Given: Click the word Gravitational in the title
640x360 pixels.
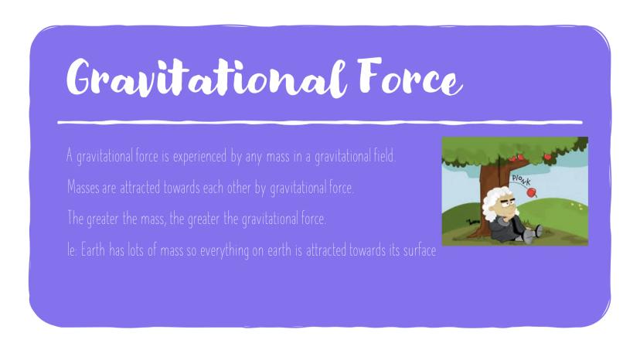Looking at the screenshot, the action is click(207, 77).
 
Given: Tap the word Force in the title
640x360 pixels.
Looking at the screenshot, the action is click(410, 76).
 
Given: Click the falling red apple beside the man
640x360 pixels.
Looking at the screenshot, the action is click(532, 192).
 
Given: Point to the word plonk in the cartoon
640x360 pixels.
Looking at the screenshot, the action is click(521, 179).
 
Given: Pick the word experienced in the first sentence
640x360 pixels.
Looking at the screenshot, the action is click(199, 156).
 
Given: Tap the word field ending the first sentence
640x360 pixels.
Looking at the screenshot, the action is click(384, 155).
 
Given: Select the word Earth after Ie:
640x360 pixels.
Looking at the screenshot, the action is click(93, 250).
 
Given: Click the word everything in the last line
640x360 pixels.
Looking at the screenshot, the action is click(224, 250).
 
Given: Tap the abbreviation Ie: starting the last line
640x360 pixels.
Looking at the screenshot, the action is click(72, 250).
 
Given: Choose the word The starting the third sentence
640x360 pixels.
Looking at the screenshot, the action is click(76, 218).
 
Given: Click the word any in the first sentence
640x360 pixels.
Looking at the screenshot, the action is click(254, 157).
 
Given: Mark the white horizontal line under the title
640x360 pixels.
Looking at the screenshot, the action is click(320, 122).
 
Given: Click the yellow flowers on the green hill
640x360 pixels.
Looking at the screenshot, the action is click(577, 206).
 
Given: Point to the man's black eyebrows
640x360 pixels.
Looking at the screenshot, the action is click(507, 200).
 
